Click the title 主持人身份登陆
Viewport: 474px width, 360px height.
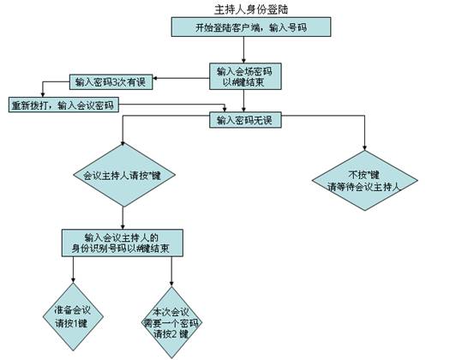[x=251, y=9]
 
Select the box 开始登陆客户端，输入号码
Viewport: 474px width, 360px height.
[x=251, y=27]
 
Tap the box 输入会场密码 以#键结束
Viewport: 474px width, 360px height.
[x=245, y=76]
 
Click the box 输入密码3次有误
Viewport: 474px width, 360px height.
[x=111, y=82]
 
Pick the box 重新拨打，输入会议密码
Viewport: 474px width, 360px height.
[x=63, y=105]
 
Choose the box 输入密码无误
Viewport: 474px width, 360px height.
[x=245, y=120]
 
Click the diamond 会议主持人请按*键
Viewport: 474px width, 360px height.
[x=124, y=175]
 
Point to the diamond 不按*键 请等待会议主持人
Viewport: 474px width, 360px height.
[x=364, y=181]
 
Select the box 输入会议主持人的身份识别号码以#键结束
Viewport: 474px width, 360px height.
[x=122, y=243]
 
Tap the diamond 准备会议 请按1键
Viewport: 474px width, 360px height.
[x=73, y=317]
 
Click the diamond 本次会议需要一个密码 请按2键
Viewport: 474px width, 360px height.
[x=171, y=322]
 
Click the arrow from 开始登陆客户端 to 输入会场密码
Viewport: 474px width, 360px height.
[x=243, y=50]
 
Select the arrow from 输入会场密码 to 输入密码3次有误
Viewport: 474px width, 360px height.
[x=181, y=78]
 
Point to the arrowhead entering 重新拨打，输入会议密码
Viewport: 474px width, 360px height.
[x=43, y=94]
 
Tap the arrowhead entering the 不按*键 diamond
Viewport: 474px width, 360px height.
[x=364, y=147]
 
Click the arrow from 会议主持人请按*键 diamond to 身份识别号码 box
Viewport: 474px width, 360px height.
[x=123, y=218]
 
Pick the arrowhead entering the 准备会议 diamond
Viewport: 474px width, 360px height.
[x=73, y=280]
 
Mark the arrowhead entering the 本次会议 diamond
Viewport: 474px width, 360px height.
[x=171, y=283]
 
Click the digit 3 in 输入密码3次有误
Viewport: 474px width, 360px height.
[x=115, y=82]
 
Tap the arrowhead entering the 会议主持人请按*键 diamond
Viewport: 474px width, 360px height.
[x=123, y=143]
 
